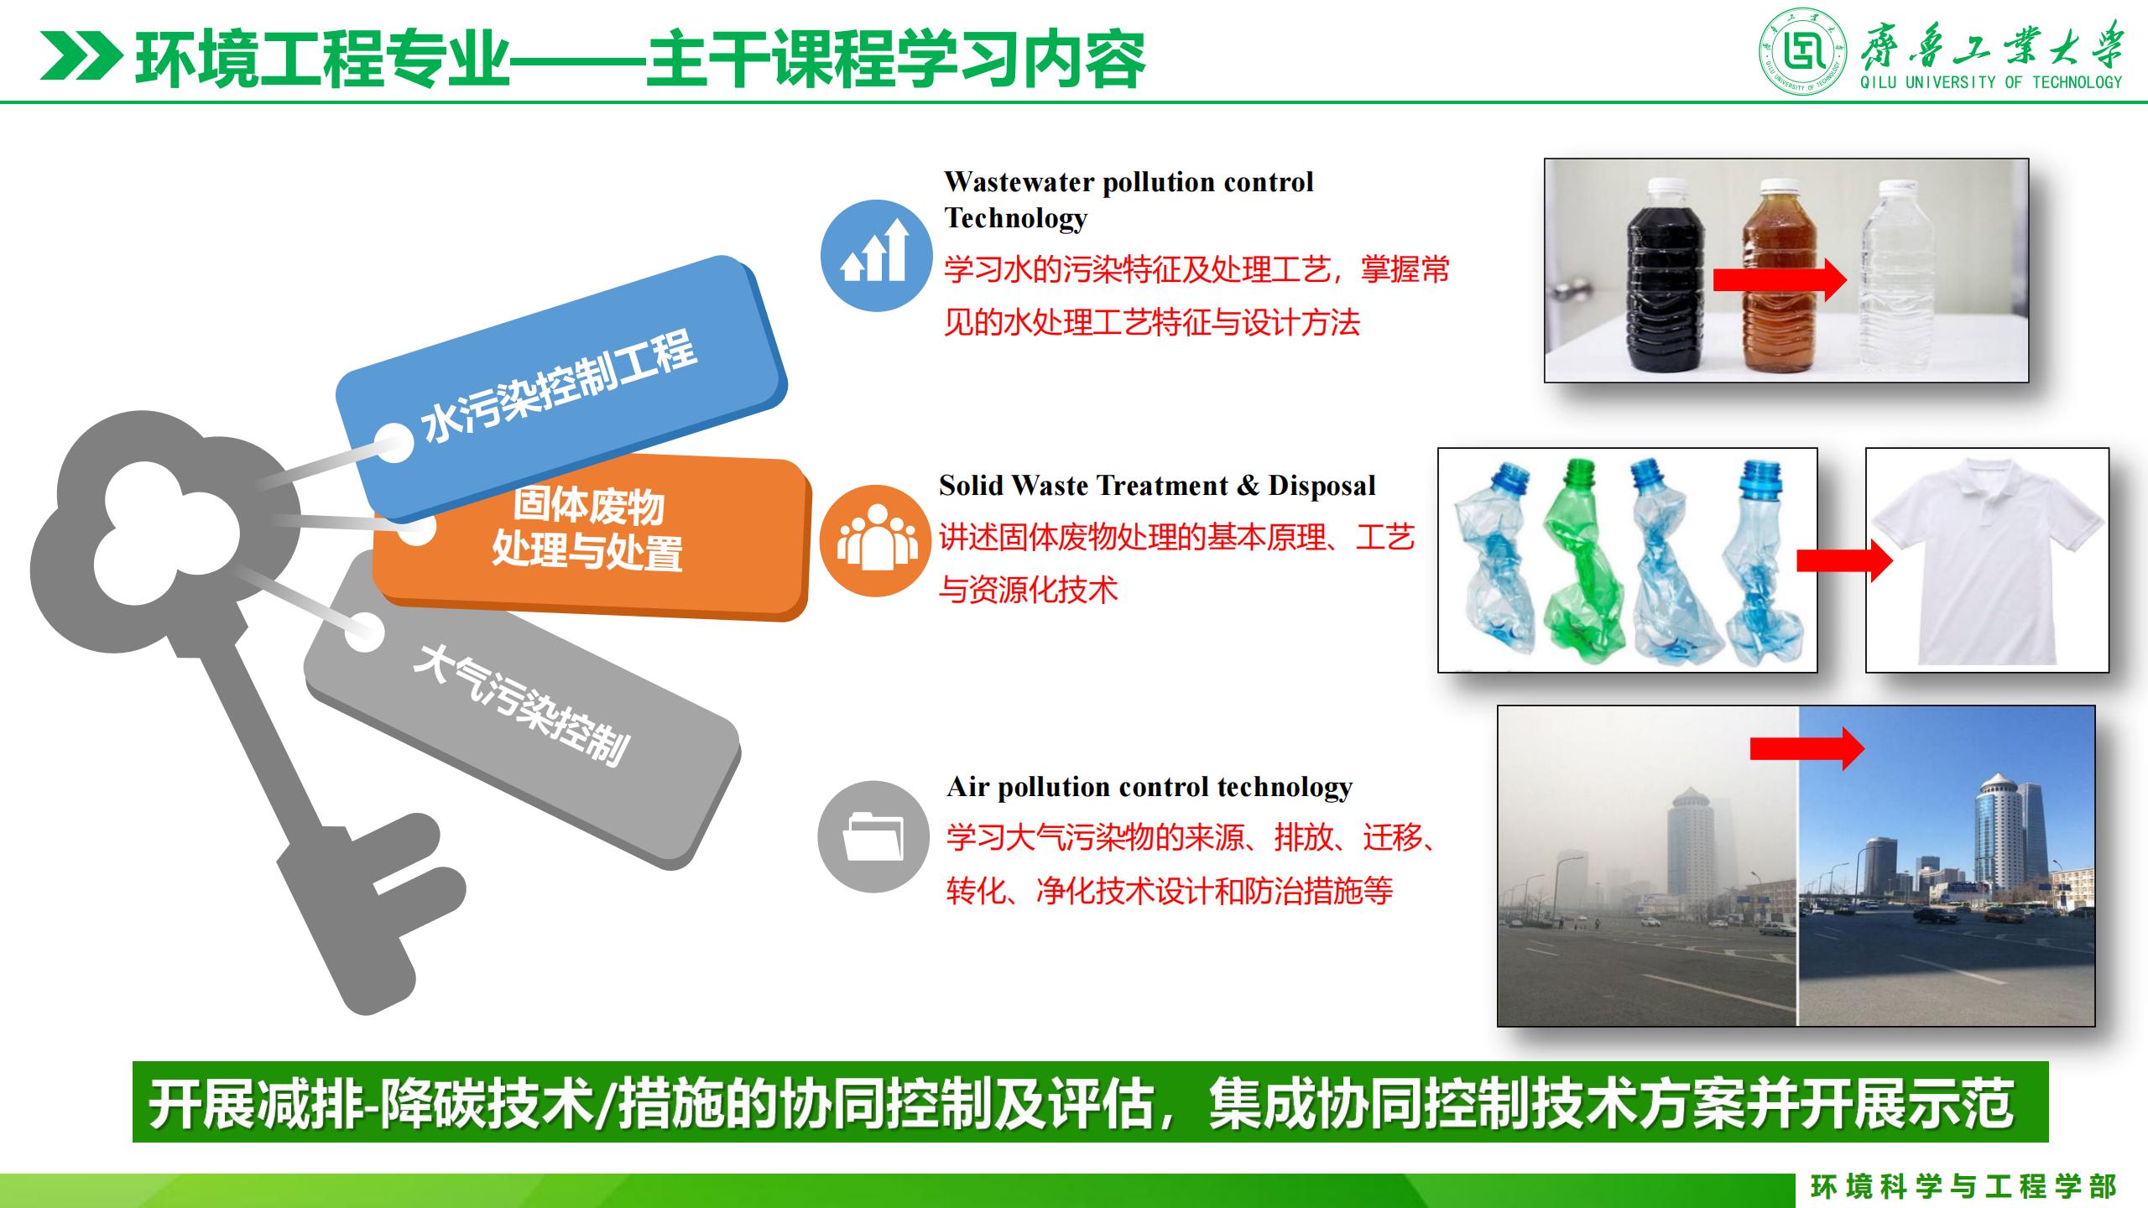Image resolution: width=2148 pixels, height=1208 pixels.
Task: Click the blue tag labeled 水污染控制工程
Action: pyautogui.click(x=560, y=388)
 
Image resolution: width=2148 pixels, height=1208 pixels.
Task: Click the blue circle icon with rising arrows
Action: pyautogui.click(x=876, y=255)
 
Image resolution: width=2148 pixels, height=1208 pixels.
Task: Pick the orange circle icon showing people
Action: pyautogui.click(x=875, y=540)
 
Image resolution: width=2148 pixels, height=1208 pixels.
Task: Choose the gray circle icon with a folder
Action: pyautogui.click(x=873, y=836)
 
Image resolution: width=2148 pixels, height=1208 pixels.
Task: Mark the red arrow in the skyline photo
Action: pyautogui.click(x=1807, y=748)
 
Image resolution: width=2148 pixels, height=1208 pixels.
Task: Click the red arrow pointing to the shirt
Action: pyautogui.click(x=1844, y=560)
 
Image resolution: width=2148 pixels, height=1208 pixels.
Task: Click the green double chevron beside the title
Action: pyautogui.click(x=81, y=57)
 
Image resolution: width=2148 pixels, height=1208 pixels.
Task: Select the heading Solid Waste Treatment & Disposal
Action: pyautogui.click(x=1157, y=485)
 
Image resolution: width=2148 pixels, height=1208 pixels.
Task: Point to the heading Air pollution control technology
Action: pyautogui.click(x=1150, y=787)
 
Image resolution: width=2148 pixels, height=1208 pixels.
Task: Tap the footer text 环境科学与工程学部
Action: pyautogui.click(x=1963, y=1186)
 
